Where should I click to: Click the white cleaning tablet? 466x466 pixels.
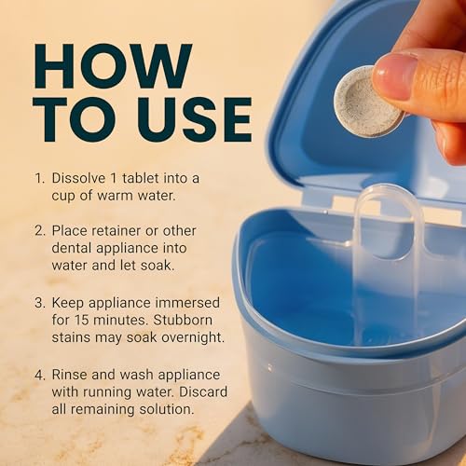[x=369, y=100]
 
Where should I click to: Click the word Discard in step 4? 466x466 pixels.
[x=199, y=393]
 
